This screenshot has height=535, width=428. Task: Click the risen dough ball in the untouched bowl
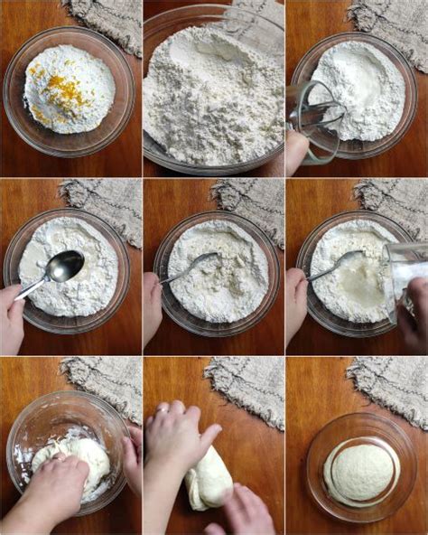(361, 472)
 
